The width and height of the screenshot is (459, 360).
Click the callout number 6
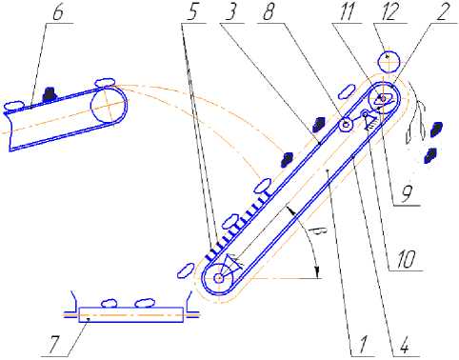point(58,12)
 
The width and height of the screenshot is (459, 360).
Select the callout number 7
point(55,346)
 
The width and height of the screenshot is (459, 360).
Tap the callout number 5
point(193,12)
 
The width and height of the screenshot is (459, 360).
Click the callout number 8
point(269,12)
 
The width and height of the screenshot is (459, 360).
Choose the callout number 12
point(390,12)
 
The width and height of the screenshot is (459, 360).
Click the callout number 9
point(407,194)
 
